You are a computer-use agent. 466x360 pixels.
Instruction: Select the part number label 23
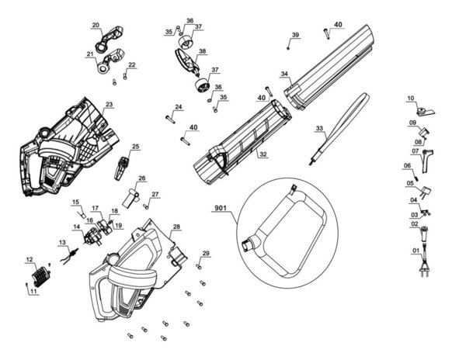109,104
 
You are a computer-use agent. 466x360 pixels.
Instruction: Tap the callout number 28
176,227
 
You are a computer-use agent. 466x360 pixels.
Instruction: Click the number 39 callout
295,36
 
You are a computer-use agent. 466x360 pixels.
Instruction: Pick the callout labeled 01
415,251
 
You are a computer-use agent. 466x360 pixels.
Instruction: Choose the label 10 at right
411,99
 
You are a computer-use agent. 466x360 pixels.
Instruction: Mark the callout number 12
30,258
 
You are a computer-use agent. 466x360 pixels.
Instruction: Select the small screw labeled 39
288,47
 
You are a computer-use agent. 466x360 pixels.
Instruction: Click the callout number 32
263,154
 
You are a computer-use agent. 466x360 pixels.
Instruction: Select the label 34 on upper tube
285,75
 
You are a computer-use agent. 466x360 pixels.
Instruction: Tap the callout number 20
96,26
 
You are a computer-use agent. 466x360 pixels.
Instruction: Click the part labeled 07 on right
428,161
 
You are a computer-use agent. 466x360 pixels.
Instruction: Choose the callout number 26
141,178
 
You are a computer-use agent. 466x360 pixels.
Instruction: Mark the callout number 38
203,52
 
